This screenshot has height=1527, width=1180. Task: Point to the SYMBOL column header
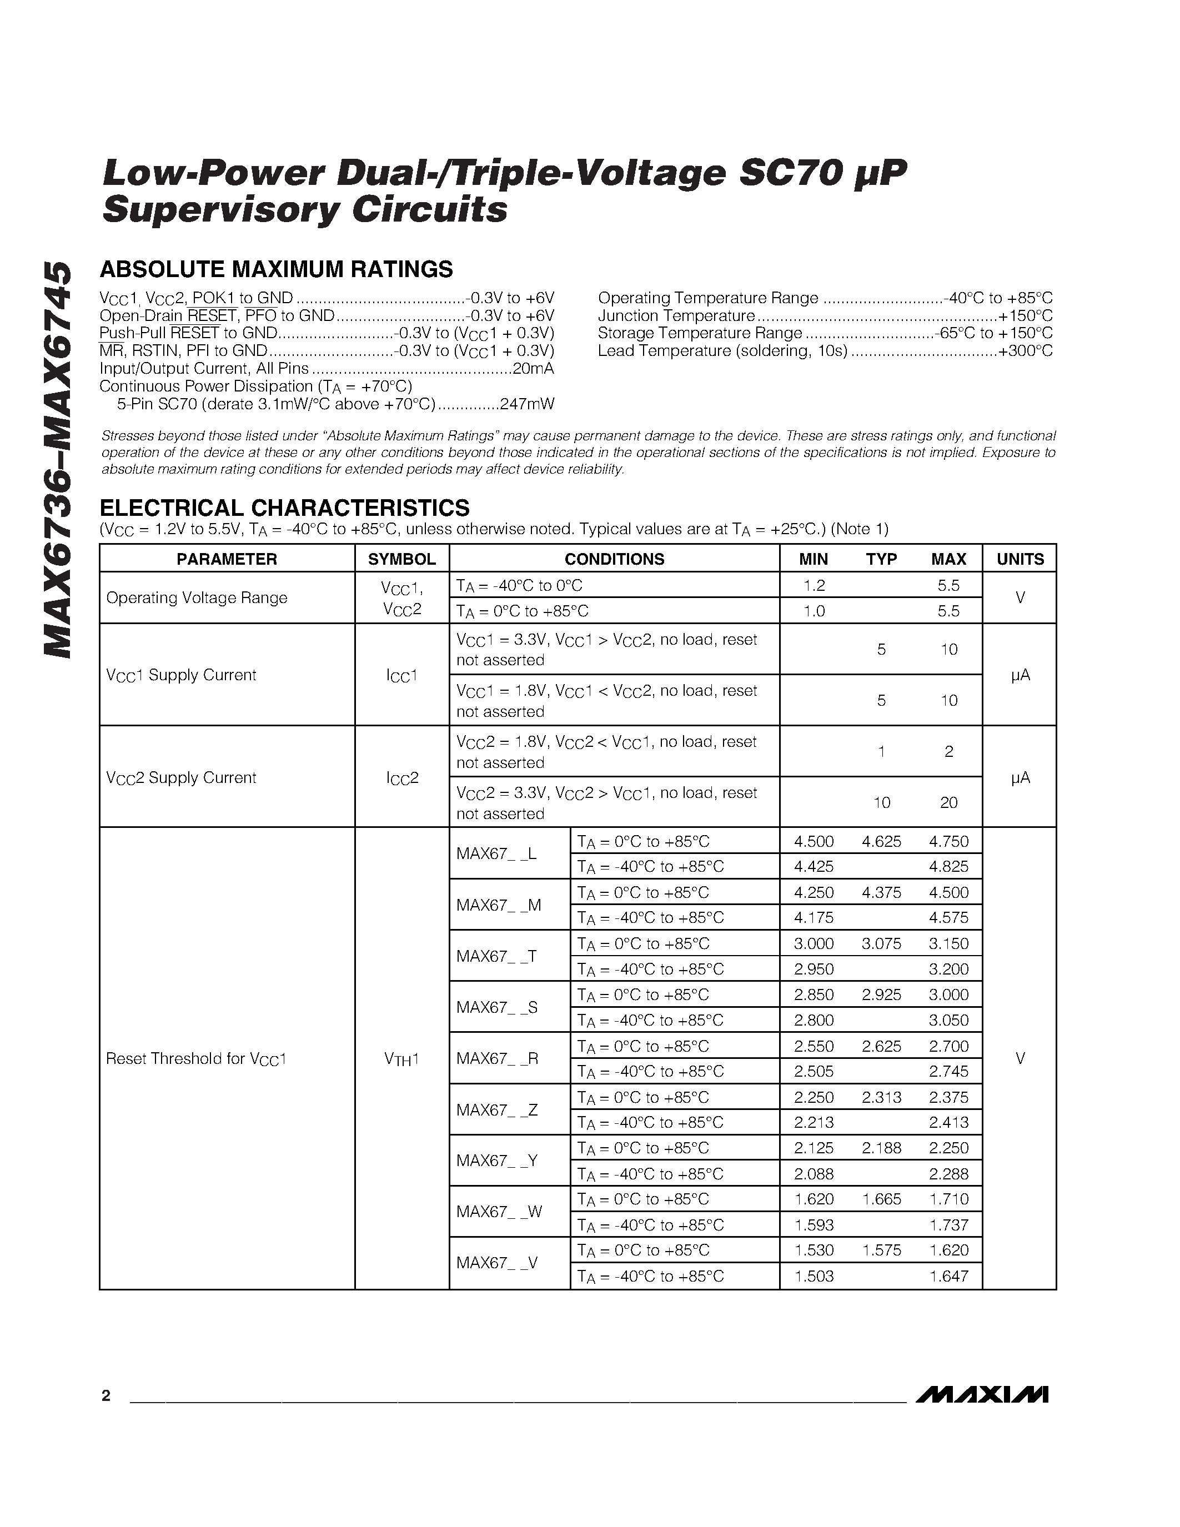coord(402,559)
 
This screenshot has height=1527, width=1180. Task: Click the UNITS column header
coord(1020,559)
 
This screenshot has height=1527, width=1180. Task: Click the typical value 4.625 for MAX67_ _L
coord(881,841)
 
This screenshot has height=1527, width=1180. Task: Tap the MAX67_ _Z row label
coord(497,1109)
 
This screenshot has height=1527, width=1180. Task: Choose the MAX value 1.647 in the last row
coord(948,1276)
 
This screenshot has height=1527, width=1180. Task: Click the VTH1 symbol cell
coord(402,1058)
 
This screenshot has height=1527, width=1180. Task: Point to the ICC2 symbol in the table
coord(402,777)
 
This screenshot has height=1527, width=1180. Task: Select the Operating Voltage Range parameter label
coord(197,598)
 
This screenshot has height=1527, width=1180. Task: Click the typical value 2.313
coord(881,1097)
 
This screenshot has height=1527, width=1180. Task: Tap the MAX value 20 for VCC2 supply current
coord(948,803)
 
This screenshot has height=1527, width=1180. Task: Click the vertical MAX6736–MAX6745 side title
coord(57,459)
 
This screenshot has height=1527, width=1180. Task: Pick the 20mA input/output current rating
coord(534,369)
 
